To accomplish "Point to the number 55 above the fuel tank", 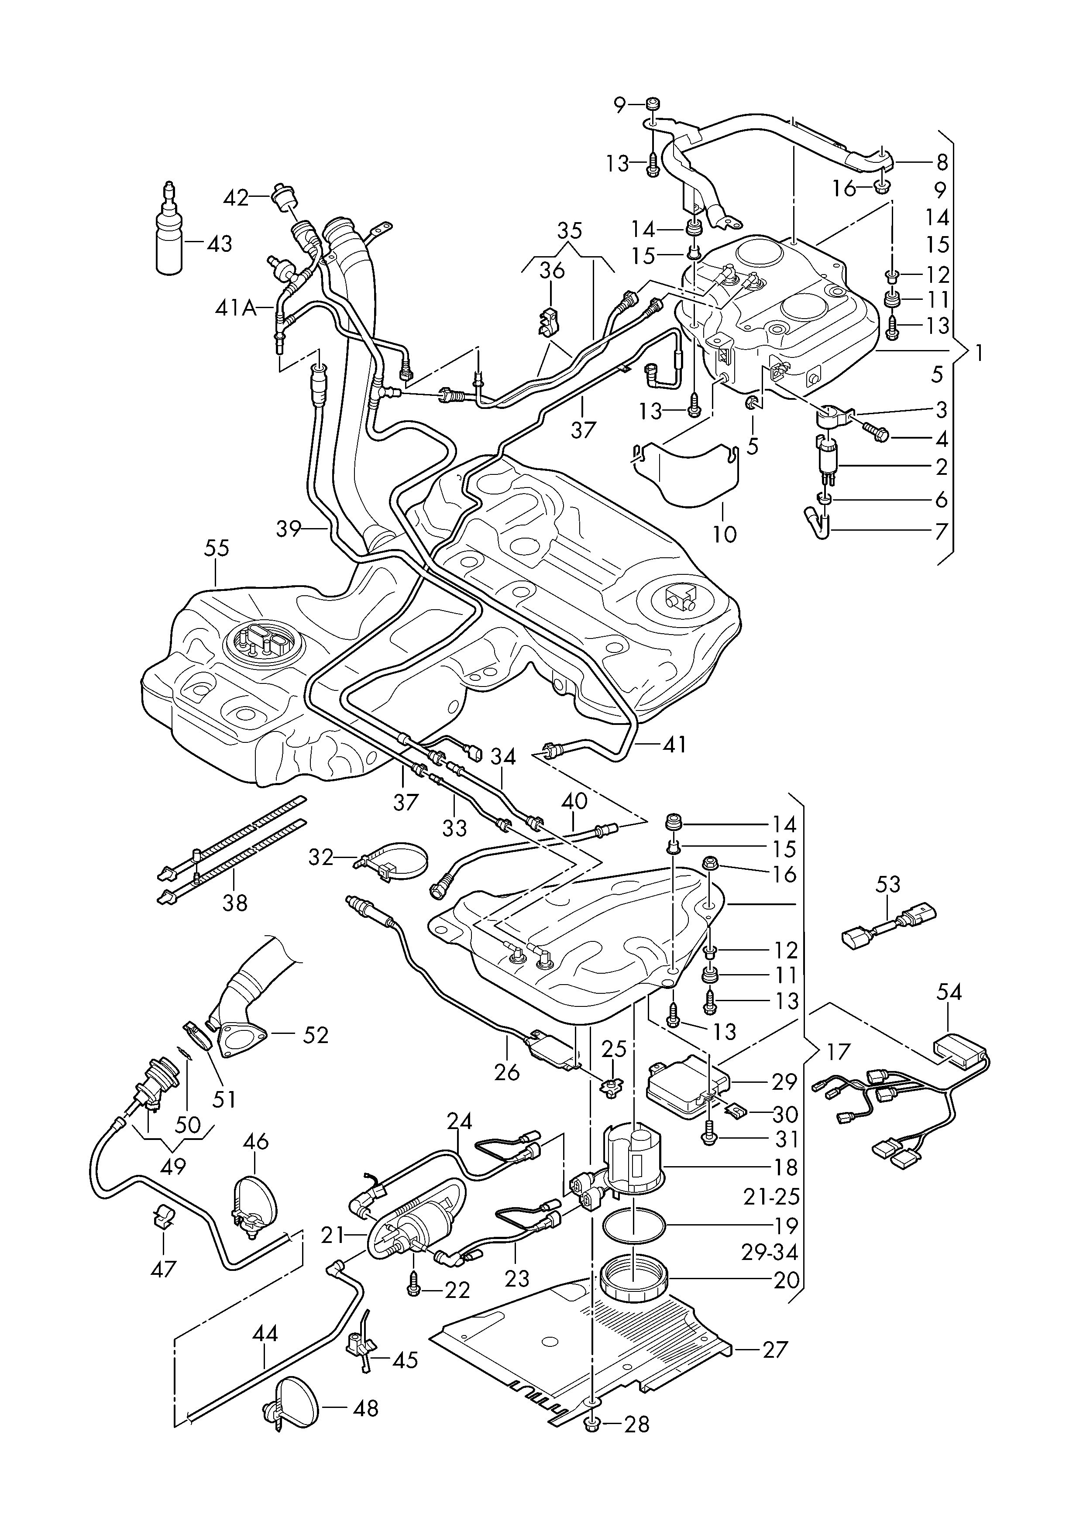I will pyautogui.click(x=217, y=549).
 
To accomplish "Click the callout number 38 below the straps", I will pyautogui.click(x=235, y=903).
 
